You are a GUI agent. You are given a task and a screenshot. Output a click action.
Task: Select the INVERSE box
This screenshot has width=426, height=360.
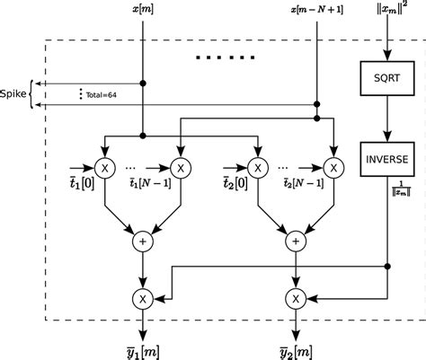[386, 159]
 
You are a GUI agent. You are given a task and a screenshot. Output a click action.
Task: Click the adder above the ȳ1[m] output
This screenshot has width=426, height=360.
[142, 241]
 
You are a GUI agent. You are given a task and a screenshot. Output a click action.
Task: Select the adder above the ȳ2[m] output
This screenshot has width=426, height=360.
[295, 241]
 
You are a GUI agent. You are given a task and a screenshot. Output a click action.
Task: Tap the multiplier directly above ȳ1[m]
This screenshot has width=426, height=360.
[142, 296]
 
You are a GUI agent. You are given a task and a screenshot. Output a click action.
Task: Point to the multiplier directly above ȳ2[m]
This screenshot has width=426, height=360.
[295, 296]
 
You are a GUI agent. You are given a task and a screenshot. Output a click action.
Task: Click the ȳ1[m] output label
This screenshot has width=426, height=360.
[142, 346]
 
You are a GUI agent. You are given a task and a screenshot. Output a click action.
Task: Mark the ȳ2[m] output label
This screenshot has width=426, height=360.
[296, 346]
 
